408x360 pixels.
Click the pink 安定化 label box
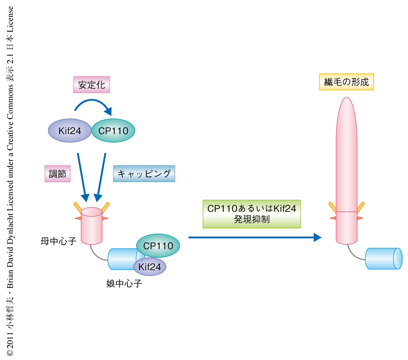click(91, 85)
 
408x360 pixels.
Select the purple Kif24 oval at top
click(70, 131)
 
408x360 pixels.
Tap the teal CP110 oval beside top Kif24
click(113, 131)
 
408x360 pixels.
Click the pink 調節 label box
click(57, 174)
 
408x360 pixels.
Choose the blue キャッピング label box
click(144, 174)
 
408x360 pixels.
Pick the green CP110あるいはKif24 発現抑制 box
click(252, 214)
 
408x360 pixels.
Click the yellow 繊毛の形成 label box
click(346, 82)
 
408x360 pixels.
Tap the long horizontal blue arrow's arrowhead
click(317, 238)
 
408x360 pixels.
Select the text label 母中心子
click(58, 242)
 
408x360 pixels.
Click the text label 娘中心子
click(124, 283)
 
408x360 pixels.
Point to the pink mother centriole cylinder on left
click(91, 226)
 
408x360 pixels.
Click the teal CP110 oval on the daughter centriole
click(158, 246)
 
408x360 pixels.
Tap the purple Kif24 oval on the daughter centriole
click(150, 267)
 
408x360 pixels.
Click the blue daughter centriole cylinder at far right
click(384, 259)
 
